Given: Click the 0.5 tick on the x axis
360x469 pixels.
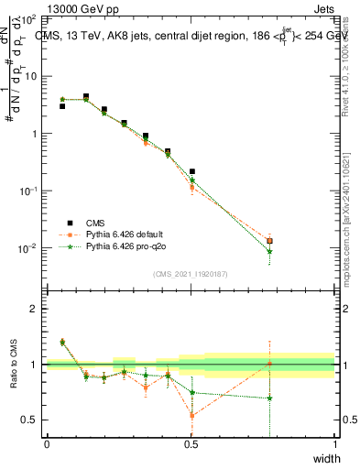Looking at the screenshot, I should [191, 444].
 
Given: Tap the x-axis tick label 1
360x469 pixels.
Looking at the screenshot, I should [334, 444].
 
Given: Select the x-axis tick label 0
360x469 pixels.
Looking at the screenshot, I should [47, 444].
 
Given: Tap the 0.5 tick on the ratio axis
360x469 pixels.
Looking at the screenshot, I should [33, 420].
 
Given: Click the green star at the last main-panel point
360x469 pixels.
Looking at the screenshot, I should [269, 251].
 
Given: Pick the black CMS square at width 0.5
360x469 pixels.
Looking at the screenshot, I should [191, 171].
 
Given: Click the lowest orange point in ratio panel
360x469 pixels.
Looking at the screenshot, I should [191, 415].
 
